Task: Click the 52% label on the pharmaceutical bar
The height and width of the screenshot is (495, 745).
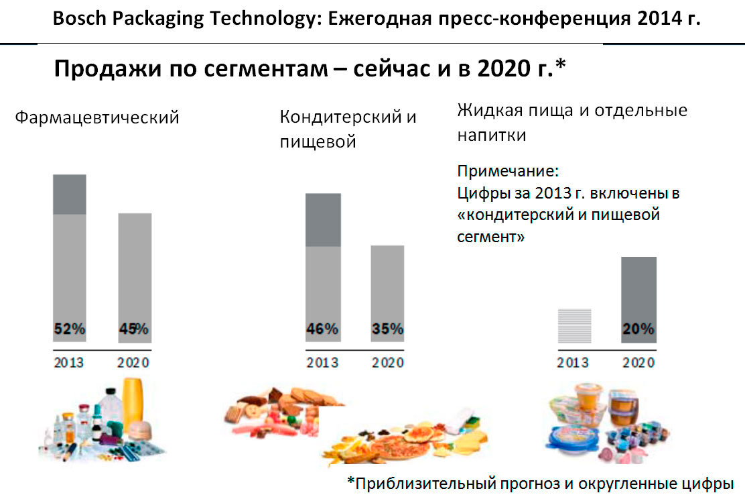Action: pos(70,329)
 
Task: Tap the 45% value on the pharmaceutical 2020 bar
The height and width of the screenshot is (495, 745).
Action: pos(134,329)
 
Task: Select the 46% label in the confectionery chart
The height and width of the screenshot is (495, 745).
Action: pos(322,329)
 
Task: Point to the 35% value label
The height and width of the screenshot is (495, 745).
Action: pos(388,329)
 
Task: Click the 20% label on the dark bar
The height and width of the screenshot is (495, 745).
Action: pos(638,329)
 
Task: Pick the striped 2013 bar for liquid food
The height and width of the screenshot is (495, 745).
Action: pos(575,326)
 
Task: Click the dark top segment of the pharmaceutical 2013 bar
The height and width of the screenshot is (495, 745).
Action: pos(70,195)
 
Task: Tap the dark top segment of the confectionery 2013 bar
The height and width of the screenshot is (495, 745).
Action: pos(322,220)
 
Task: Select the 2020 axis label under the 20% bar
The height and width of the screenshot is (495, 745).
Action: pos(638,363)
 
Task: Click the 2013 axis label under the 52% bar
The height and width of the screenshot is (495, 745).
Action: pos(69,363)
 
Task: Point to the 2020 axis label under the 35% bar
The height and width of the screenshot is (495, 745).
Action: pos(388,363)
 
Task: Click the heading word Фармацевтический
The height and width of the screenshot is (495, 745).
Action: pos(97,117)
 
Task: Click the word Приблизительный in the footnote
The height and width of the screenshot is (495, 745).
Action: pos(419,482)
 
